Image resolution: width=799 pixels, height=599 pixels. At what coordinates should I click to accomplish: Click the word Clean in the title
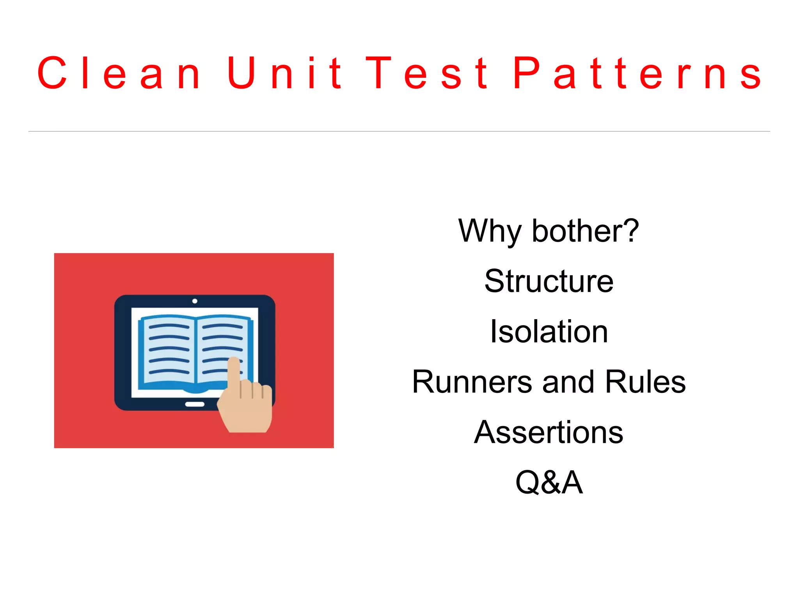coord(119,73)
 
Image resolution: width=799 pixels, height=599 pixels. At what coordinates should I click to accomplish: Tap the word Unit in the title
coord(284,73)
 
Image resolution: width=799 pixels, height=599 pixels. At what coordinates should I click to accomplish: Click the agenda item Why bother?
coord(549,231)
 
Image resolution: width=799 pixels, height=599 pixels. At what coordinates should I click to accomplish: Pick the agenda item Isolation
coord(549,331)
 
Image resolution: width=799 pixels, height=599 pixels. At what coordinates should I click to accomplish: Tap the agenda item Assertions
coord(549,432)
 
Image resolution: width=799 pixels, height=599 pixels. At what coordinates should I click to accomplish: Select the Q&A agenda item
coord(549,482)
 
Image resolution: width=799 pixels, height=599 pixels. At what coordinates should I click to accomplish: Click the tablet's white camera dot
coord(195,301)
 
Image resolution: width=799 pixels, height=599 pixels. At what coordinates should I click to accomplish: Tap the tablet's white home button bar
coord(195,404)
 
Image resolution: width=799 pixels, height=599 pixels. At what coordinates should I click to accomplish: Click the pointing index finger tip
coord(234,361)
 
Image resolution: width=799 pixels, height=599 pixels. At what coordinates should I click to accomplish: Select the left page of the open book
coord(168,349)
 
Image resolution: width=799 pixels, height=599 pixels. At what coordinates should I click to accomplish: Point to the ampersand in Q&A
coord(550,483)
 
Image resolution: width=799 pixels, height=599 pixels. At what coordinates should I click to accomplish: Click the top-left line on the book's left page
coord(169,326)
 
